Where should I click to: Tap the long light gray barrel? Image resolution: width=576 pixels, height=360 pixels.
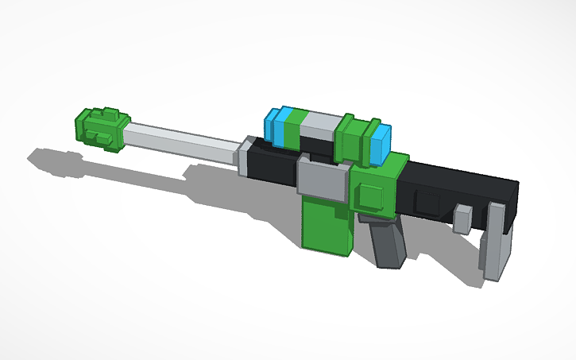click(x=182, y=143)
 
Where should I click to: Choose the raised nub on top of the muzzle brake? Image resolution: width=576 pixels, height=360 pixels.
click(x=105, y=114)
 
